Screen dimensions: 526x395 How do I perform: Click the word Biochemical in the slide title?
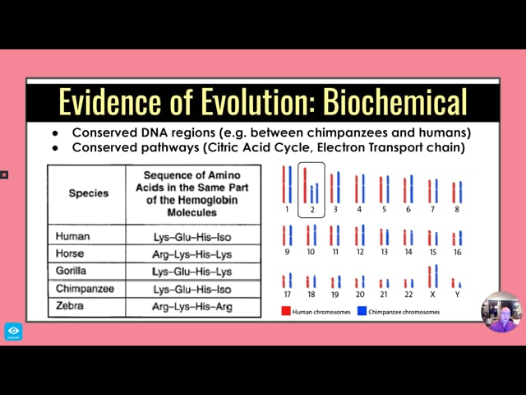(394, 102)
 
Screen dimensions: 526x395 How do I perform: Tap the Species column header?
(89, 193)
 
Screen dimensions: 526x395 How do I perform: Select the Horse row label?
(70, 253)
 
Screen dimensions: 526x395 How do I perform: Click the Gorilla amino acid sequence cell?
(192, 272)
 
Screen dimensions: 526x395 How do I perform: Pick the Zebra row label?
(70, 305)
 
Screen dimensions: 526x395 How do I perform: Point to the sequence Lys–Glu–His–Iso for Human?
(192, 237)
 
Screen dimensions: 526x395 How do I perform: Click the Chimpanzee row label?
(85, 289)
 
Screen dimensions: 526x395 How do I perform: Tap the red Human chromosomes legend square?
(286, 311)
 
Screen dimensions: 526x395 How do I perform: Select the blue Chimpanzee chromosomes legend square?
(362, 311)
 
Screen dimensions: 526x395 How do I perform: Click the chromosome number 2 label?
(312, 210)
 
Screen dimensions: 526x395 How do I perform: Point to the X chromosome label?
(433, 295)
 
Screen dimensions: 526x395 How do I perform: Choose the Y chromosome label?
(457, 295)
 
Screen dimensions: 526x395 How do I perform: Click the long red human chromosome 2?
(305, 185)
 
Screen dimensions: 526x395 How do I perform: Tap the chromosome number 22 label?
(408, 295)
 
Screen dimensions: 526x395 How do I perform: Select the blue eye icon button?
(14, 332)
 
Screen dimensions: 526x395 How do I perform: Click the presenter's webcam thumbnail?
(501, 312)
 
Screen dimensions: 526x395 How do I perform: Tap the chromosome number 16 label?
(458, 252)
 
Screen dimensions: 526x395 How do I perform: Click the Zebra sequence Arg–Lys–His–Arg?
(192, 307)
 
